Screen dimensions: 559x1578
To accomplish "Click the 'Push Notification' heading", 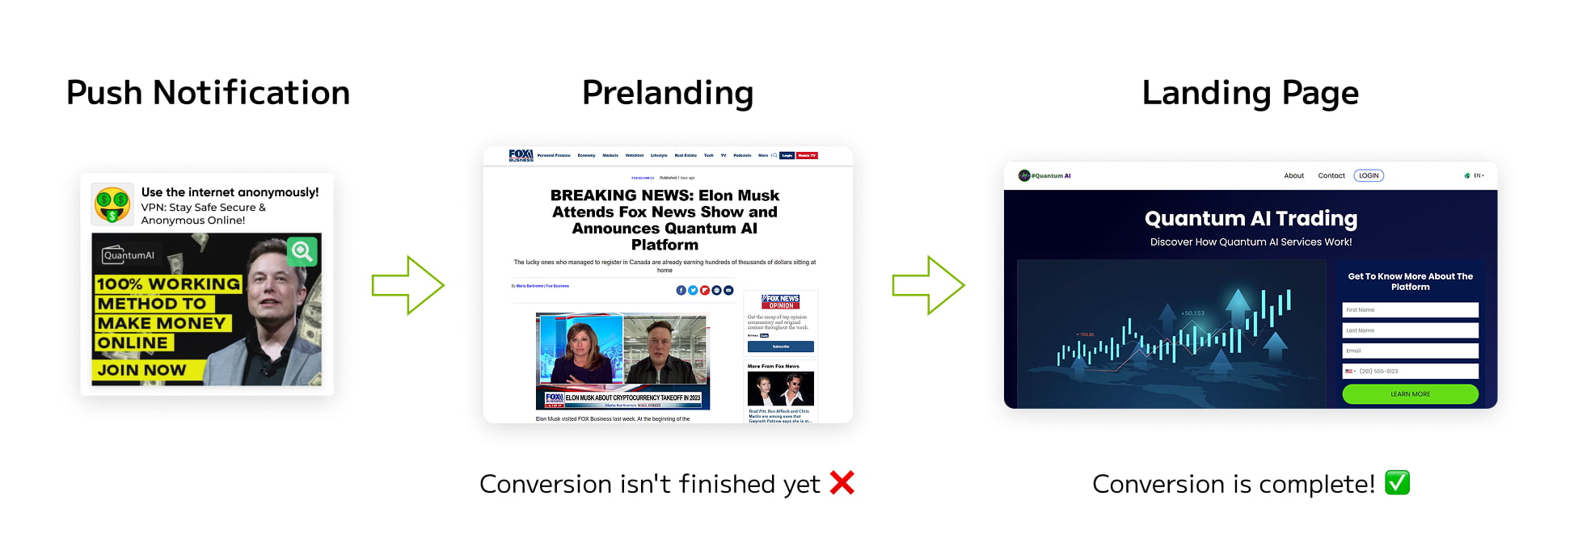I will [x=208, y=93].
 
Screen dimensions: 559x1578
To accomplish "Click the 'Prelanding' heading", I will [x=667, y=93].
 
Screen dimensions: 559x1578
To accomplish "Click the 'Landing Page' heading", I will [x=1250, y=93].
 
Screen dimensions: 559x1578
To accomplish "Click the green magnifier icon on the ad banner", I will [x=302, y=251].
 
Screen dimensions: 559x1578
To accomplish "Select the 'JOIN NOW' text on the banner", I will [x=142, y=370].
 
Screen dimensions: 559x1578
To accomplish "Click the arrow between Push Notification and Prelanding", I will [x=408, y=285].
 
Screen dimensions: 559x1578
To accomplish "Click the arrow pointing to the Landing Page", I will [x=928, y=285].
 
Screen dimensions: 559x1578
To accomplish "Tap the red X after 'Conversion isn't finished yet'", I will [x=842, y=483].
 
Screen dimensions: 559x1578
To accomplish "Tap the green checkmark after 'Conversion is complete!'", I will [x=1397, y=483].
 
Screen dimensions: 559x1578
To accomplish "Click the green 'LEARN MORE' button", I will [x=1410, y=394].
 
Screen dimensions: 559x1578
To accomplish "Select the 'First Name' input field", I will [x=1410, y=310].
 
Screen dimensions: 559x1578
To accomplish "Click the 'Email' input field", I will [x=1410, y=351].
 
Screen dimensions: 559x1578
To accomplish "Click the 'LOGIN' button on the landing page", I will [x=1369, y=175].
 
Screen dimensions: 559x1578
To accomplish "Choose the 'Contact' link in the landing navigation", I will [x=1331, y=175].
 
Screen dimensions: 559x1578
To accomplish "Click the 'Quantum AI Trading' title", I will [x=1251, y=219].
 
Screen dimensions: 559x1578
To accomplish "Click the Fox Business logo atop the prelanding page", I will [x=521, y=155].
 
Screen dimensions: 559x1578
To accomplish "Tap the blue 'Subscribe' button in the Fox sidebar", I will [x=780, y=347].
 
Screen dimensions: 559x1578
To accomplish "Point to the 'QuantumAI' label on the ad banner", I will [x=129, y=255].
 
